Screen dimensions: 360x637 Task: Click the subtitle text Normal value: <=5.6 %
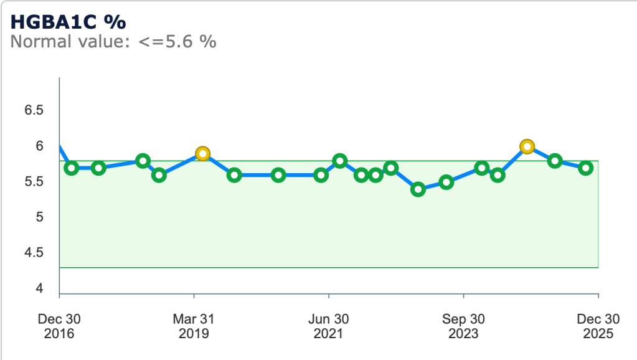point(113,42)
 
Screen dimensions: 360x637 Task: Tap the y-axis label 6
point(39,146)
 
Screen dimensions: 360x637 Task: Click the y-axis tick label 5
point(39,217)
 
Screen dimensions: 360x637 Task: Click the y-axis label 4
point(39,289)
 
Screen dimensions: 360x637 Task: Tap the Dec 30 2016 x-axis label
point(59,326)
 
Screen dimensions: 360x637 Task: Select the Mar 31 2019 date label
point(194,326)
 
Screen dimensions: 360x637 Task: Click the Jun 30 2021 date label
point(328,326)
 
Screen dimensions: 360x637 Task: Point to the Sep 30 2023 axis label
point(463,326)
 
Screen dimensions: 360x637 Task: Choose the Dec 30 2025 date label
point(598,326)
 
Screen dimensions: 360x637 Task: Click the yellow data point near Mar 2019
point(202,153)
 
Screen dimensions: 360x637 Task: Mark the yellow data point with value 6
point(527,146)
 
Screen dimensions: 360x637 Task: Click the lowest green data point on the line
point(418,189)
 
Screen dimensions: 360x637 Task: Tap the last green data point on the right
point(586,168)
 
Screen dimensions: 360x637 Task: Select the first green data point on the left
point(71,168)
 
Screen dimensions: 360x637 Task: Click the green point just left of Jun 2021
point(321,175)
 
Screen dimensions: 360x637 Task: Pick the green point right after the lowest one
point(446,182)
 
